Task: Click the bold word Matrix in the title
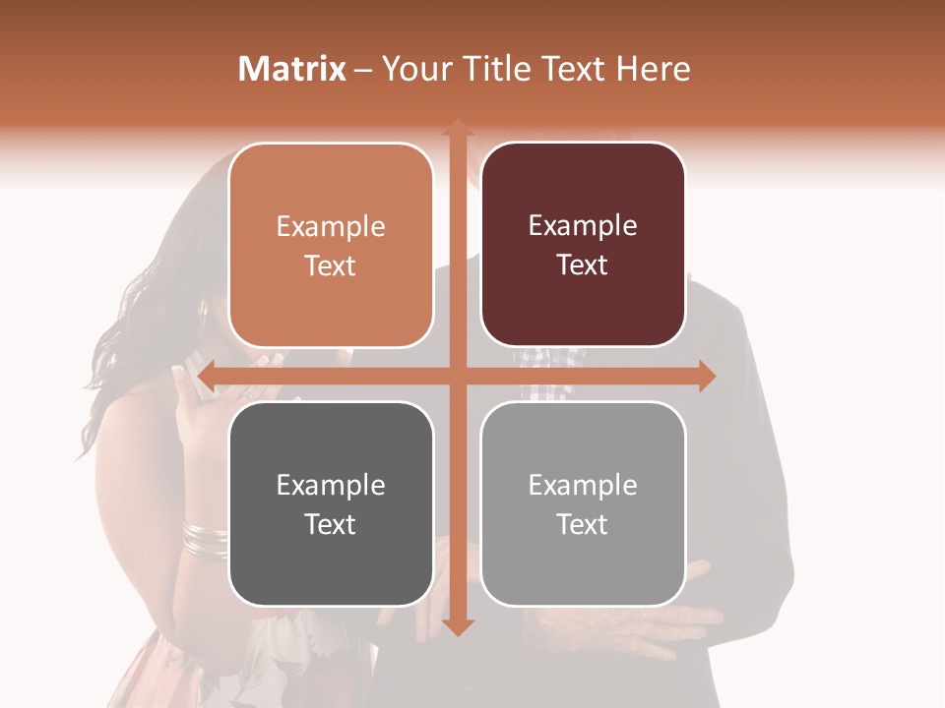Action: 292,69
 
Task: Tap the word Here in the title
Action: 653,69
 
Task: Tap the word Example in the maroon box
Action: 583,226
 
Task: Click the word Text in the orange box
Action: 330,266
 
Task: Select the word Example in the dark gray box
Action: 330,485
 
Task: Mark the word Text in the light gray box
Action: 583,525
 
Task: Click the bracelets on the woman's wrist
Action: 205,540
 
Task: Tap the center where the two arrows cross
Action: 457,376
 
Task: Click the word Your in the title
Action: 413,69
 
